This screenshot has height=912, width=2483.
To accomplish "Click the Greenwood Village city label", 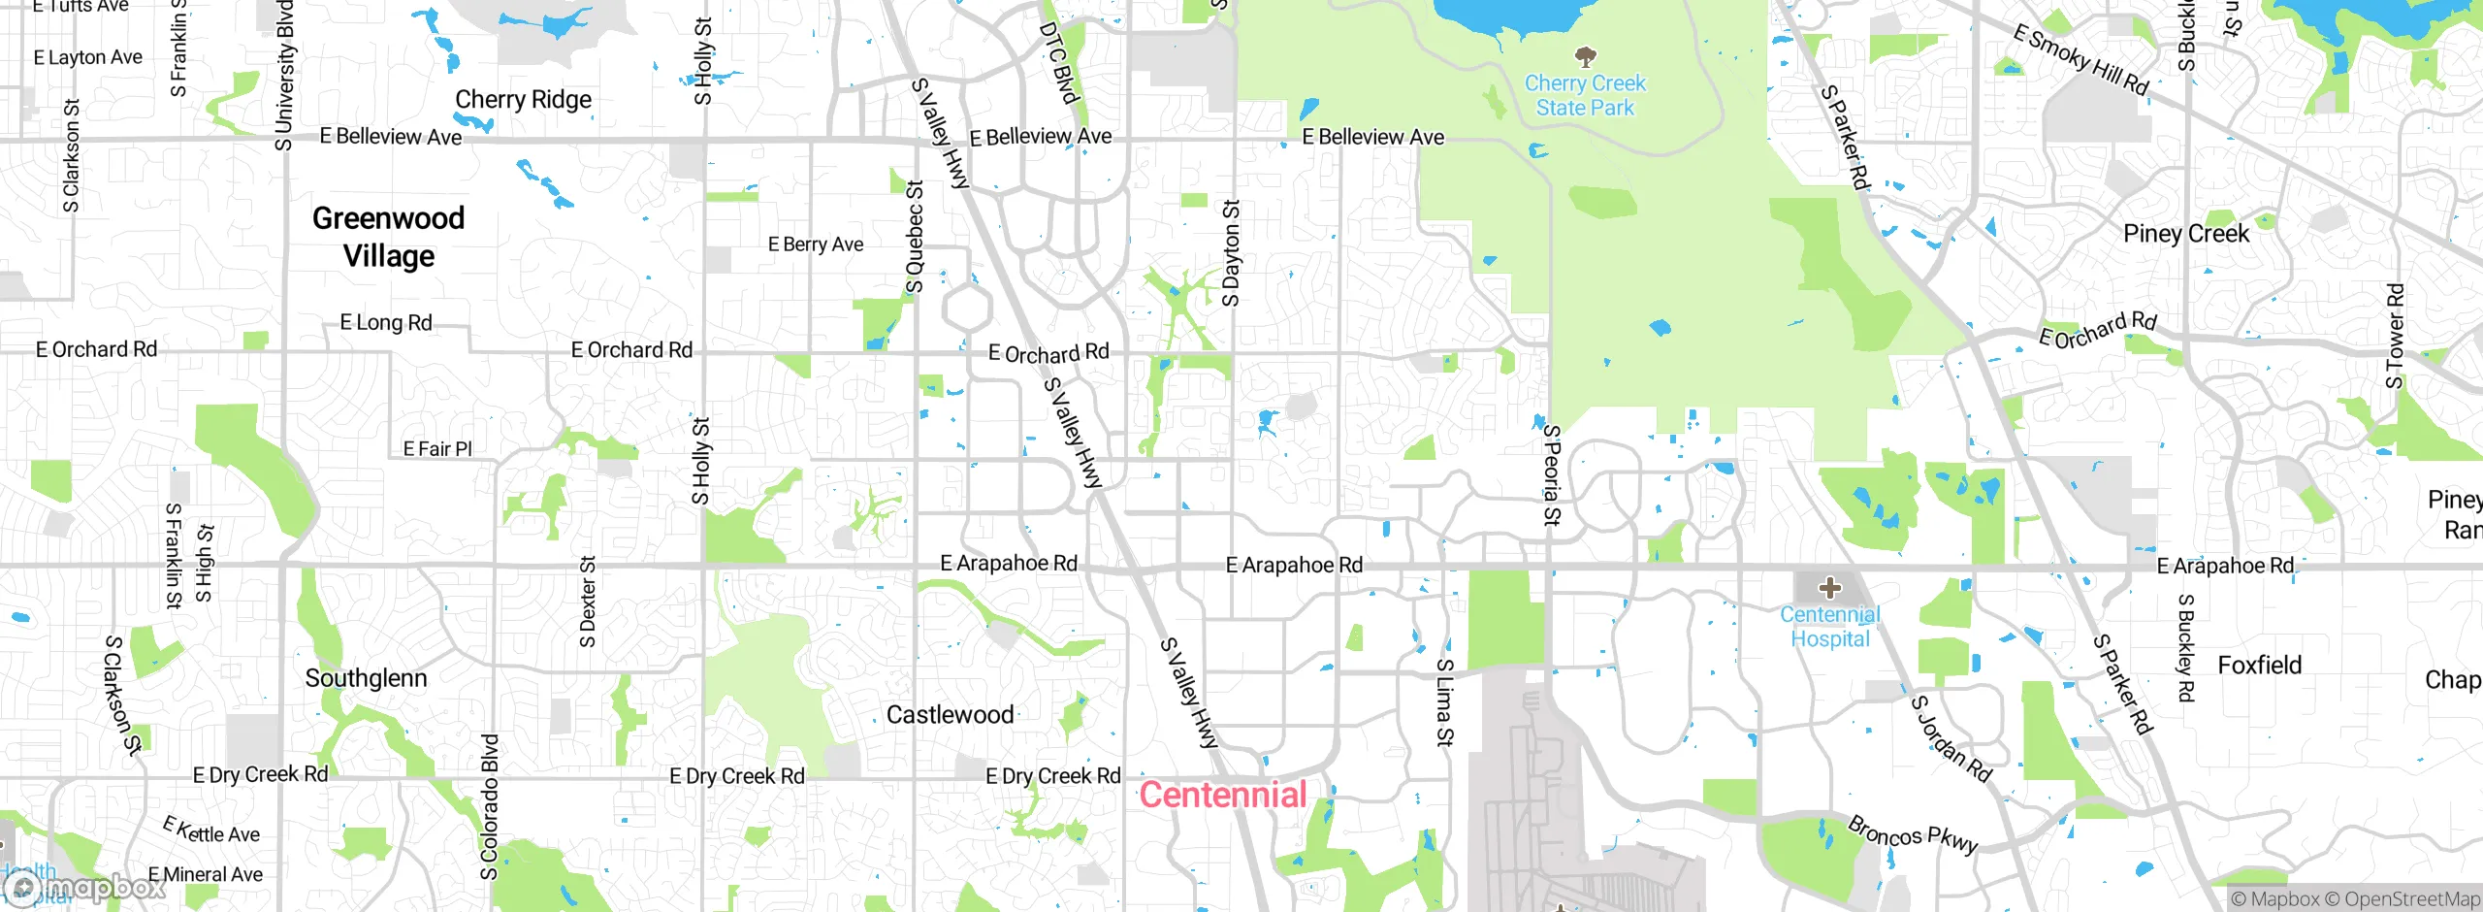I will click(388, 237).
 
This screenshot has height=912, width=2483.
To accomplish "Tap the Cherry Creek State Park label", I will click(1585, 95).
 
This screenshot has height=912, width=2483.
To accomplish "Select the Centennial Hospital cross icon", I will click(1829, 587).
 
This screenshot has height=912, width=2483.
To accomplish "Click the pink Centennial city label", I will click(1223, 795).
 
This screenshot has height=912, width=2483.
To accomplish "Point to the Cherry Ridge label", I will click(523, 99).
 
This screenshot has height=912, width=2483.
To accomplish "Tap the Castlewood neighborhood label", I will click(950, 715).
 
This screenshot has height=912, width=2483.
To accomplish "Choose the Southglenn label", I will click(366, 678).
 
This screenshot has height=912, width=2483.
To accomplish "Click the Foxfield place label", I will click(2259, 666).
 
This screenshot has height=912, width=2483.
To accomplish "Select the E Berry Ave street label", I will click(815, 244).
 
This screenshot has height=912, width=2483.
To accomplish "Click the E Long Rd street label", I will click(386, 322).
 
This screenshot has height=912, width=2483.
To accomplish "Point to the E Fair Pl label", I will click(437, 448).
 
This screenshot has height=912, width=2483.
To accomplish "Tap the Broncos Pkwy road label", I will click(1912, 834).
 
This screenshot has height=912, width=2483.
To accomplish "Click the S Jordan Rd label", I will click(1951, 738).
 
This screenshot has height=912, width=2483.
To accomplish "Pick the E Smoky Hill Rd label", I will click(2080, 60).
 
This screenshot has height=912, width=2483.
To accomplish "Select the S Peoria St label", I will click(1551, 474).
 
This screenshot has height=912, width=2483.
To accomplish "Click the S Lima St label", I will click(1444, 701).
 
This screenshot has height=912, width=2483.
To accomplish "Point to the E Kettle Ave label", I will click(211, 831).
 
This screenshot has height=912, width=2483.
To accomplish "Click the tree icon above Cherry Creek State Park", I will click(1585, 54).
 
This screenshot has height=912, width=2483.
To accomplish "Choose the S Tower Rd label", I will click(2395, 336).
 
